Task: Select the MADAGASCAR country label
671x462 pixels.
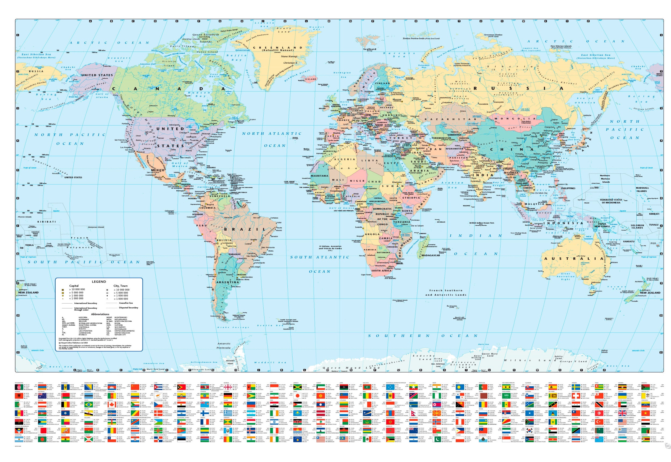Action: point(430,255)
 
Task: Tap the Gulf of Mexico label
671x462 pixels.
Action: point(180,164)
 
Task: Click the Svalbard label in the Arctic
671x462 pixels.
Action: point(370,49)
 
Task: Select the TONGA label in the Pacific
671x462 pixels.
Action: point(29,245)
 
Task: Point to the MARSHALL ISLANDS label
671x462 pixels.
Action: point(642,189)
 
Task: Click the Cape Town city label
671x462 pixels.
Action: point(366,275)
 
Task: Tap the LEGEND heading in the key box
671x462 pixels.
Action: point(99,281)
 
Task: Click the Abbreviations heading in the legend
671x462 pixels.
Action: point(100,314)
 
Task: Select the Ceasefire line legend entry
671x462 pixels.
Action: point(126,303)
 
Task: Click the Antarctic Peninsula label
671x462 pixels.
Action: point(224,346)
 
